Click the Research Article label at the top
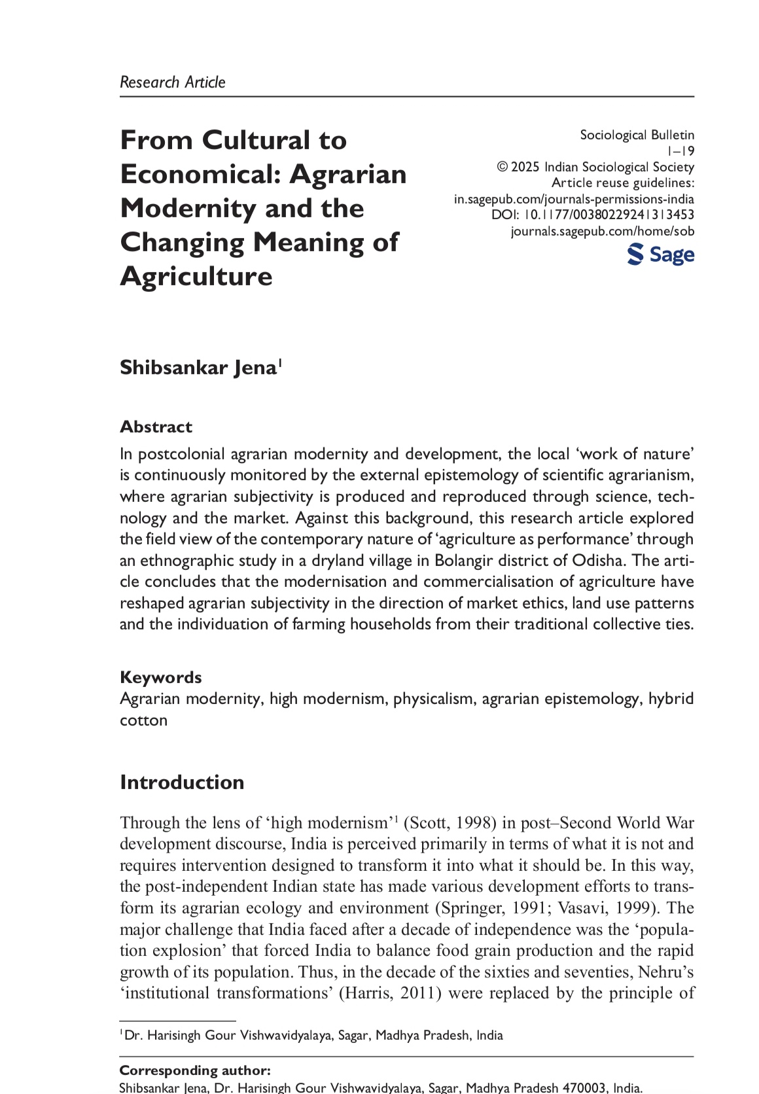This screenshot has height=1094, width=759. pyautogui.click(x=172, y=82)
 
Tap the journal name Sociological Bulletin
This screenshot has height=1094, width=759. pyautogui.click(x=637, y=135)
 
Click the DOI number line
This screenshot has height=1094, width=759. pyautogui.click(x=593, y=215)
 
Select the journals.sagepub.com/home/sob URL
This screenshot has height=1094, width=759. pyautogui.click(x=602, y=231)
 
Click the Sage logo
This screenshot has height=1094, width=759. pyautogui.click(x=660, y=255)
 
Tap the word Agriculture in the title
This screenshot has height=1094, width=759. pyautogui.click(x=196, y=276)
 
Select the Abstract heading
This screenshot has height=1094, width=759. pyautogui.click(x=156, y=427)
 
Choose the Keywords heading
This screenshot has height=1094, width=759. pyautogui.click(x=160, y=677)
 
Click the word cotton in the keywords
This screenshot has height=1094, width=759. pyautogui.click(x=143, y=720)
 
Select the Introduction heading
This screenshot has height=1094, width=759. pyautogui.click(x=182, y=783)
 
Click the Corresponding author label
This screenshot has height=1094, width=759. pyautogui.click(x=194, y=1070)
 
